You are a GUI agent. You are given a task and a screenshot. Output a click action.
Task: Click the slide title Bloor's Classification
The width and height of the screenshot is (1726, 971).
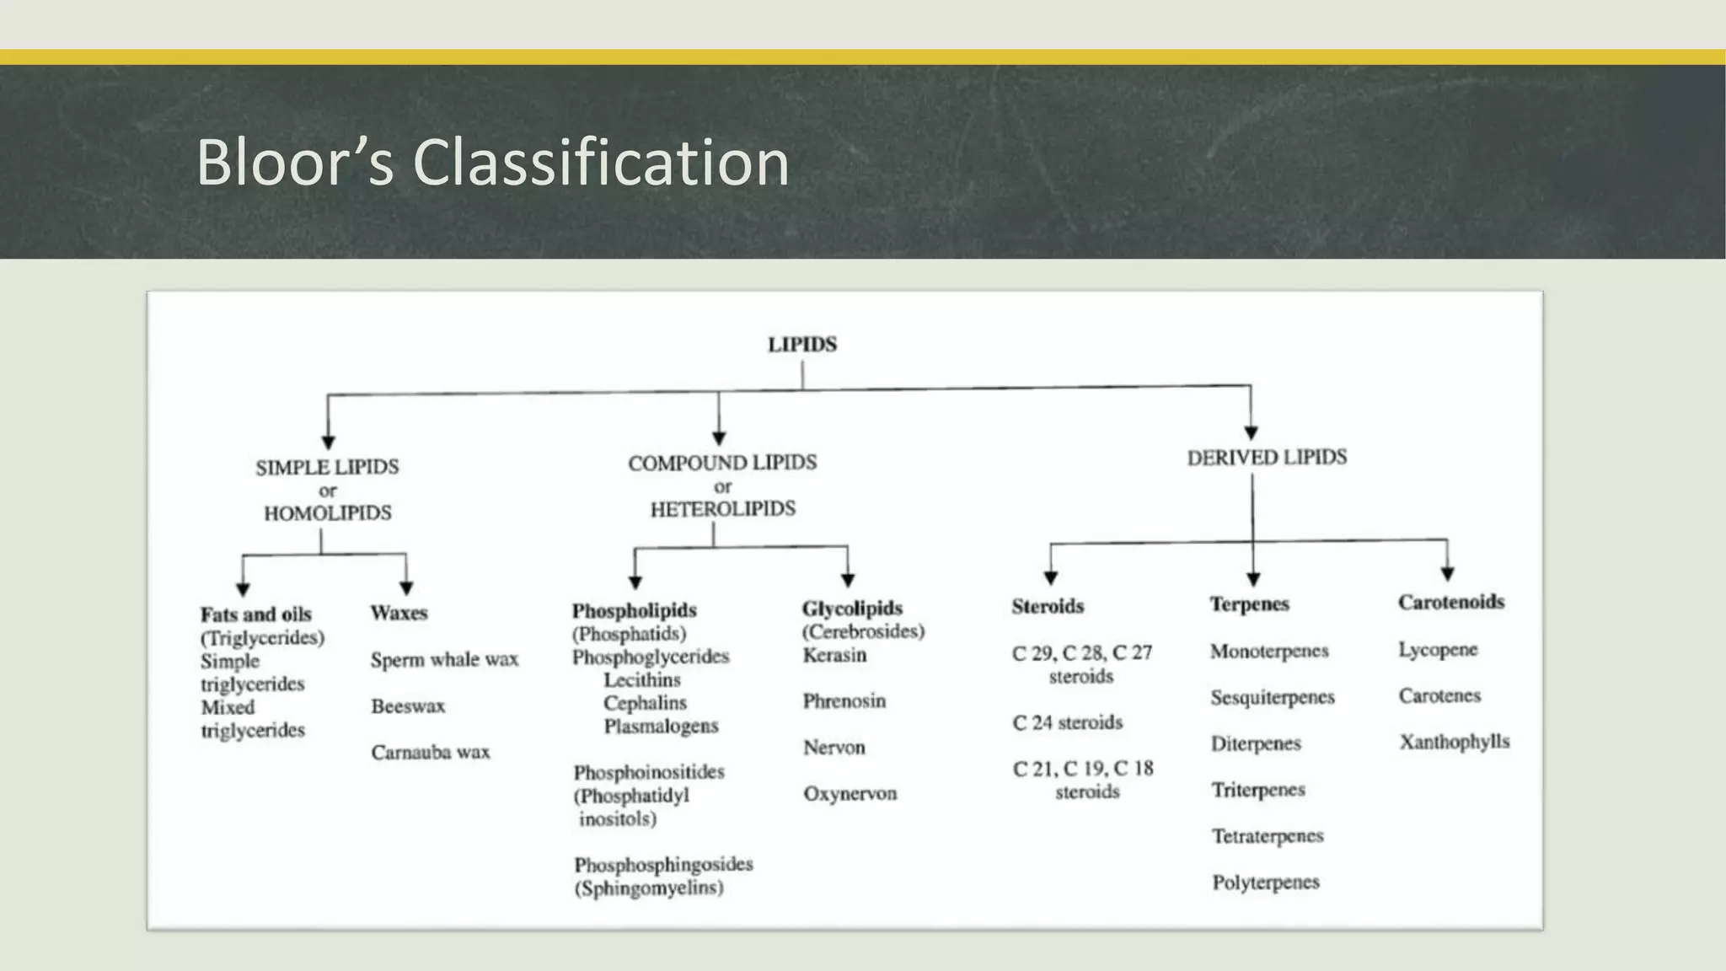[x=493, y=162]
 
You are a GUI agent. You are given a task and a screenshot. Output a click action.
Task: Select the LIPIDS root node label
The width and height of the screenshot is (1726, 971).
[x=802, y=345]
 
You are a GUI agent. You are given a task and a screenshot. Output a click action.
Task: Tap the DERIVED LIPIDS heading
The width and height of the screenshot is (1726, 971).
[x=1267, y=458]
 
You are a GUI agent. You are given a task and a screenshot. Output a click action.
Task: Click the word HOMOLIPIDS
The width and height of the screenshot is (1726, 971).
[x=328, y=512]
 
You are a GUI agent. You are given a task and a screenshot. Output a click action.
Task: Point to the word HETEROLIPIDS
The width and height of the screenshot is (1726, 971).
[x=722, y=508]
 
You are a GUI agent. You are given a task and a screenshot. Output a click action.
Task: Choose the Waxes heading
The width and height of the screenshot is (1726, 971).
[x=399, y=613]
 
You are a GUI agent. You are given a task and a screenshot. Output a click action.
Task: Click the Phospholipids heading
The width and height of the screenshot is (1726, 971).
[x=635, y=610]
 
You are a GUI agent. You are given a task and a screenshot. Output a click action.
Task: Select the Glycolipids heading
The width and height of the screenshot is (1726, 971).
[x=852, y=608]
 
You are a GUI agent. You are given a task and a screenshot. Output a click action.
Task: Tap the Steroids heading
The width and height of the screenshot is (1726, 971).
[x=1048, y=606]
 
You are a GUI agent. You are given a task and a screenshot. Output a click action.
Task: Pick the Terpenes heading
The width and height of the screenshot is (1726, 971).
[x=1250, y=604]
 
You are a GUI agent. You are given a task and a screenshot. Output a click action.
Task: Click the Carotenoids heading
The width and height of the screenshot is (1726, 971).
[x=1451, y=602]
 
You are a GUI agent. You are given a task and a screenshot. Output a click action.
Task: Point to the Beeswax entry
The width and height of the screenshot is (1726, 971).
[x=408, y=705]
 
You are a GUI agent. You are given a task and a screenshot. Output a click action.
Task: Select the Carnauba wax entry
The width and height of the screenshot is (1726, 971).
[x=431, y=752]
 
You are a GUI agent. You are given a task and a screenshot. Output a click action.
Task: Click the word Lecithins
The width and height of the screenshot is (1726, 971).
[x=642, y=679]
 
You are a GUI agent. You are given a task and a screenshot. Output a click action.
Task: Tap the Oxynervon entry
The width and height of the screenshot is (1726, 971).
[x=850, y=793]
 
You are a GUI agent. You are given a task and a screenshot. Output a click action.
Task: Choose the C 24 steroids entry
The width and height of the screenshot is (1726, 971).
[x=1068, y=722]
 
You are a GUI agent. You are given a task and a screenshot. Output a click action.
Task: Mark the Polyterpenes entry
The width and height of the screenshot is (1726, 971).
[x=1266, y=882]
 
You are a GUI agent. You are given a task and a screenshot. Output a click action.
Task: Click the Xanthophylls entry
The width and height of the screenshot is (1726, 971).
[x=1455, y=742]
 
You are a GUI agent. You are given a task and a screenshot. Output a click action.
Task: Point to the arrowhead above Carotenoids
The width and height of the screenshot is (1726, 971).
[x=1447, y=573]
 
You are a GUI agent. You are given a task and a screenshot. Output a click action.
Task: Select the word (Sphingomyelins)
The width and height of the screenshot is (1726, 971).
[x=649, y=888]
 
